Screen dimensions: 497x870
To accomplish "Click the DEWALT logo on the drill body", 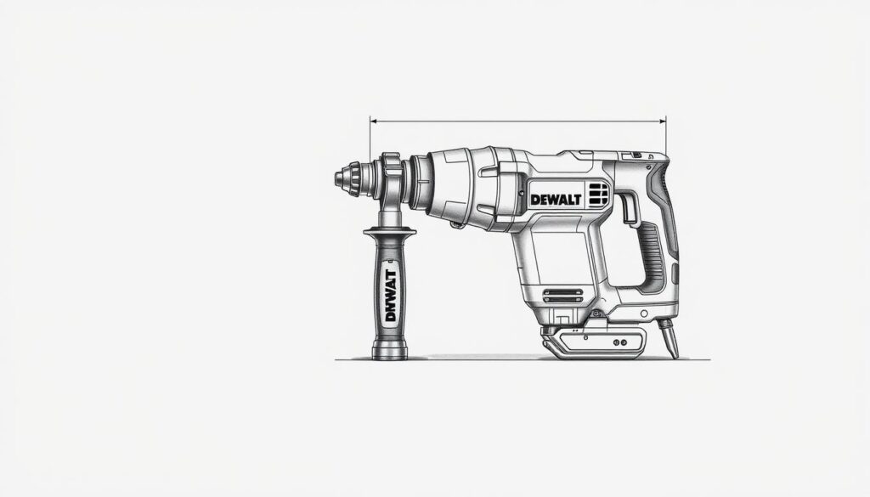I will [x=556, y=199].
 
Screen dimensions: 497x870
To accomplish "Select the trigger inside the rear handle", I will [x=629, y=208].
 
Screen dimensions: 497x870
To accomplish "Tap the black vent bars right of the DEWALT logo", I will [x=598, y=195].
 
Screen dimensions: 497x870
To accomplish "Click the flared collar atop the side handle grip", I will [x=390, y=231].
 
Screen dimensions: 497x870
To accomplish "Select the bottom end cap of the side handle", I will [x=390, y=350].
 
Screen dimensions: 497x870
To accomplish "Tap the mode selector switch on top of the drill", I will [x=632, y=155].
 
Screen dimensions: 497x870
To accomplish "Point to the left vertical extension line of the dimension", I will [x=370, y=140].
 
